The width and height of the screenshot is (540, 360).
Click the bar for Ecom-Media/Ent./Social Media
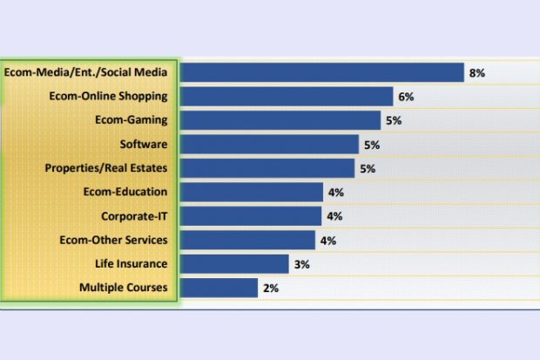[321, 72]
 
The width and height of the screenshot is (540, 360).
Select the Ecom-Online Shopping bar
[287, 97]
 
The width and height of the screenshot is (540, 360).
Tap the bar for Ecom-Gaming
[280, 120]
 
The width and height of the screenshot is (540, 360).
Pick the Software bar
[269, 144]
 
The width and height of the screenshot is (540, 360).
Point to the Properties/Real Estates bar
[267, 168]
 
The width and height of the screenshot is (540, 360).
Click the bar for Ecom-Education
[252, 192]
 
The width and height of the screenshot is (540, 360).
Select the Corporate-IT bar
[251, 215]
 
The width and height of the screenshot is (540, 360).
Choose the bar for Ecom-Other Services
[247, 240]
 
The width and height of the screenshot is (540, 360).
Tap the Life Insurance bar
[234, 263]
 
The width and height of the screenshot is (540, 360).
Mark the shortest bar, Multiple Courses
[219, 287]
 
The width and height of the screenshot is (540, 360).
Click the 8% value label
[476, 73]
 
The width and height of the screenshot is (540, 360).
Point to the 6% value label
[407, 97]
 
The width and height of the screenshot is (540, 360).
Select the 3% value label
[301, 263]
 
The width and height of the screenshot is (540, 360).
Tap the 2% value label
[270, 288]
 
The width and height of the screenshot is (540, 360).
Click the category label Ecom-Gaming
[132, 120]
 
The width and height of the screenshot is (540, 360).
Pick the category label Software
[144, 144]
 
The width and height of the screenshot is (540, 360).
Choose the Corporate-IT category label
[134, 215]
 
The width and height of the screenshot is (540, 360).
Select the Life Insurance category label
[132, 263]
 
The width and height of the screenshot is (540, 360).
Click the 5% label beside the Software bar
[372, 145]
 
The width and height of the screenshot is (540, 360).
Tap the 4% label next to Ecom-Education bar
[335, 192]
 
